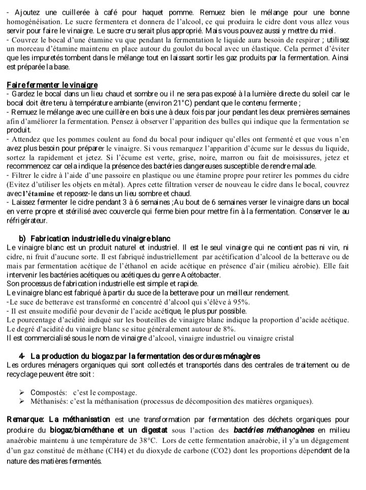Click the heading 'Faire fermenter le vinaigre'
pyautogui.click(x=52, y=84)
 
